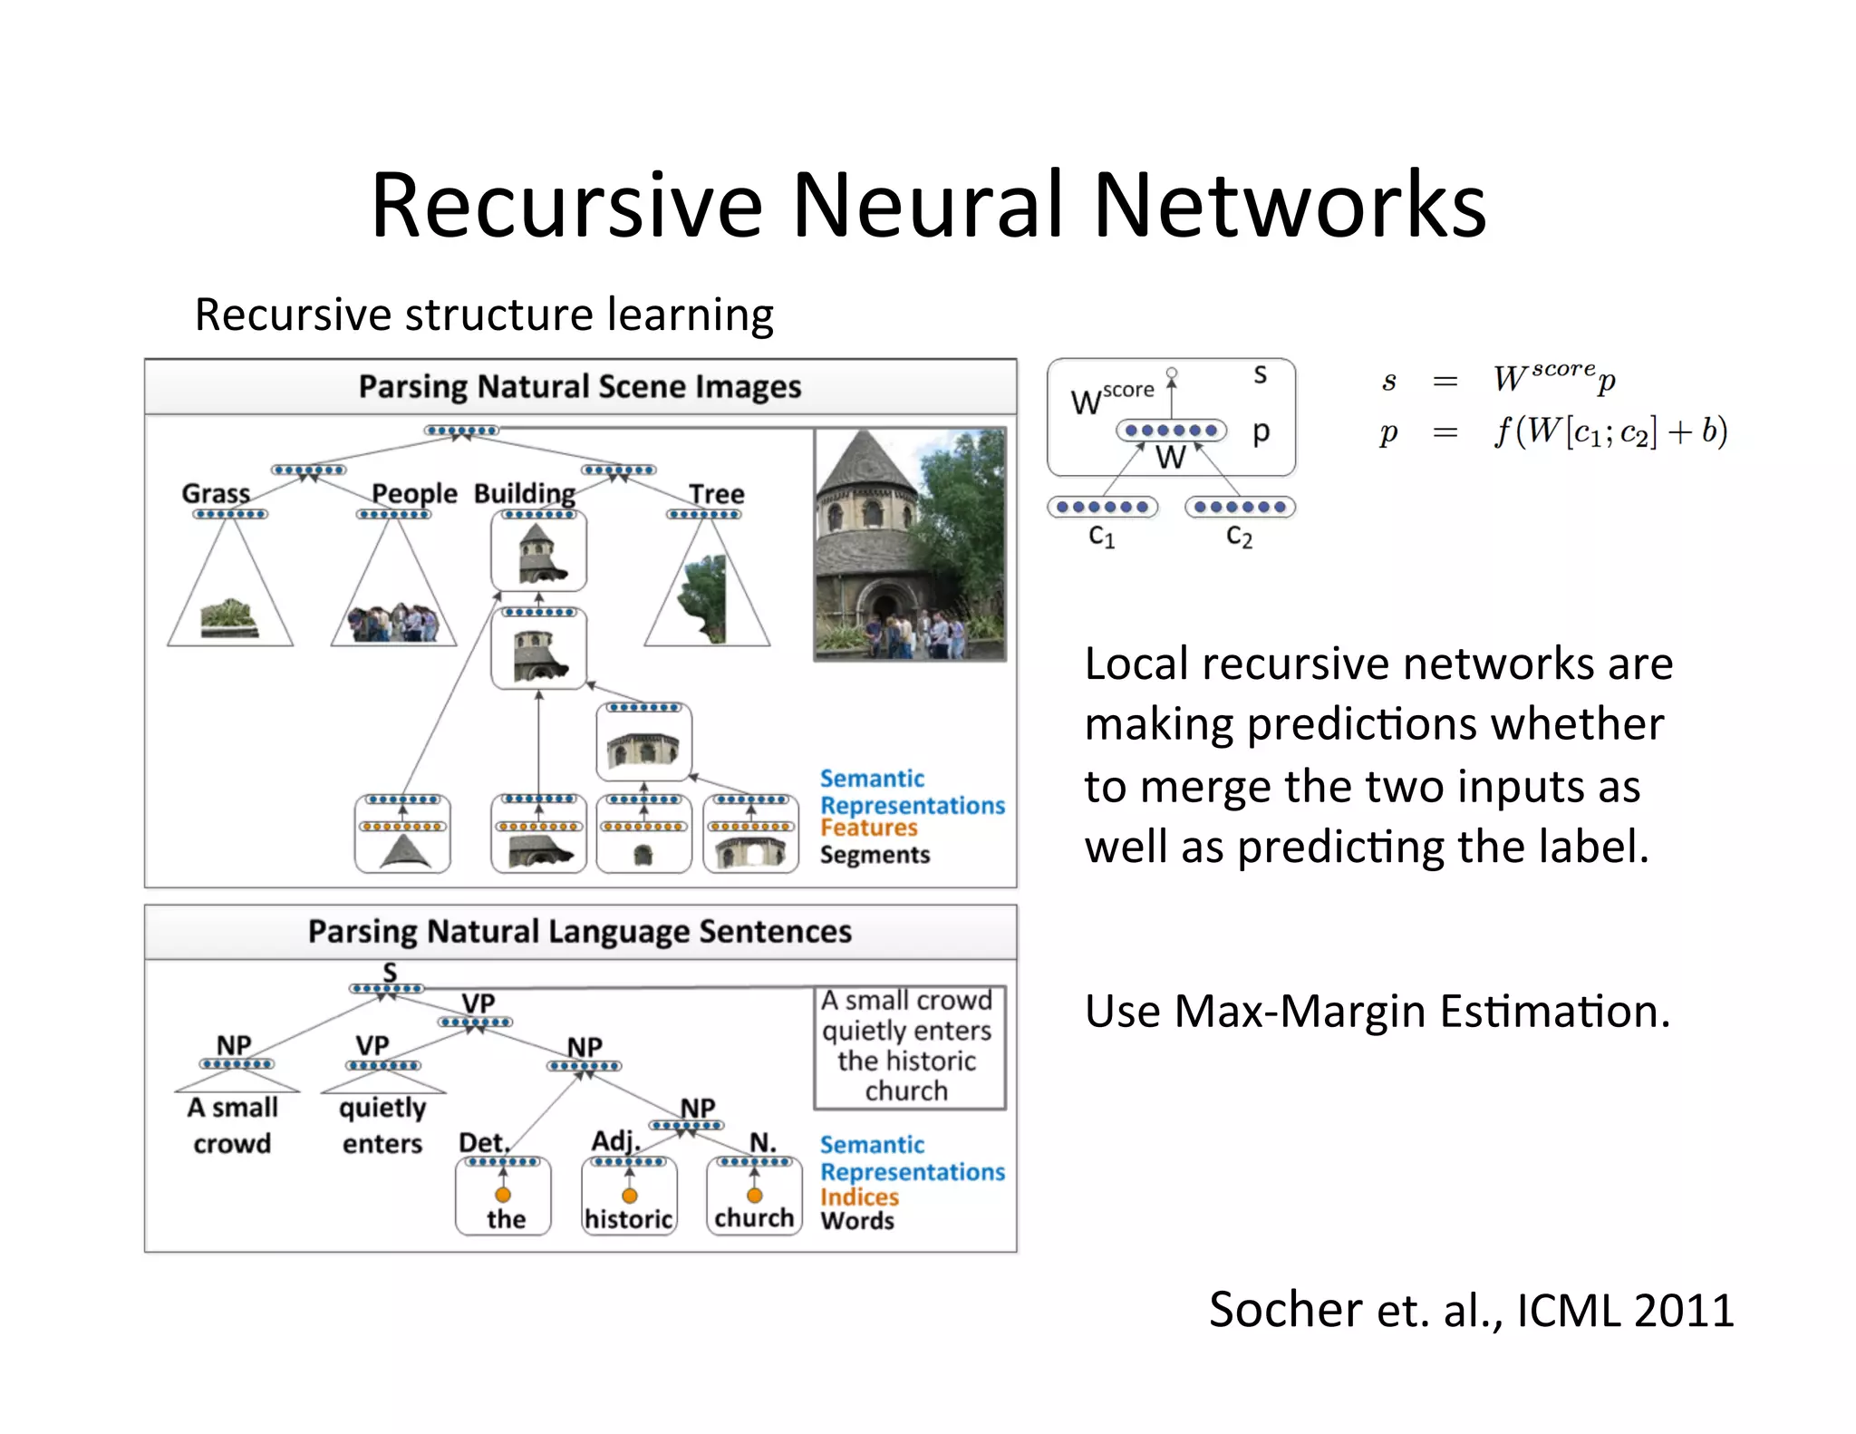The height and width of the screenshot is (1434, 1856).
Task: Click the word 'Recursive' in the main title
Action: pos(566,207)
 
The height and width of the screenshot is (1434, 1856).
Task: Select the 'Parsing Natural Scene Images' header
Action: pos(580,387)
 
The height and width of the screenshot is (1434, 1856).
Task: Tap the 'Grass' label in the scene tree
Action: pos(216,493)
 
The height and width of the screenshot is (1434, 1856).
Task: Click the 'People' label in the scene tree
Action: pos(414,493)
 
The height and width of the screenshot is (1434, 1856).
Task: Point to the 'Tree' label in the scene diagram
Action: pos(716,494)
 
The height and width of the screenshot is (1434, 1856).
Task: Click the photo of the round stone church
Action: pos(910,544)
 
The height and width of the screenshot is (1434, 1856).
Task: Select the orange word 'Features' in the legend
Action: pos(868,828)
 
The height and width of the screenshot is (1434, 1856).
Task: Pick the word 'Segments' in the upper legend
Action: pos(875,855)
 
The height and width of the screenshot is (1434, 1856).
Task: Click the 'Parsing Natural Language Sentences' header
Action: pos(580,932)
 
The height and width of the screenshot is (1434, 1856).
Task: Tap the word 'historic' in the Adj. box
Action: pos(629,1219)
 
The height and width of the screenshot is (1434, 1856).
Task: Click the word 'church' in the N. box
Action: pos(754,1217)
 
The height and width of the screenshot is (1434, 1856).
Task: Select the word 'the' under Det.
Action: pos(506,1219)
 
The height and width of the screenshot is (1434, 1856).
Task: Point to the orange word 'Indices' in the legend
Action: pos(859,1197)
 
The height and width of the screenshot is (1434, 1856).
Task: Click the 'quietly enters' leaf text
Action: pos(382,1125)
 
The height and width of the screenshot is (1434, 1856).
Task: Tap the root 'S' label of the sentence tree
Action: pos(390,972)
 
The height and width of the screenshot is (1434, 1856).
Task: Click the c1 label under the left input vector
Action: pos(1102,537)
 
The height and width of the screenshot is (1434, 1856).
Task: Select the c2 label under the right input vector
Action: pos(1239,537)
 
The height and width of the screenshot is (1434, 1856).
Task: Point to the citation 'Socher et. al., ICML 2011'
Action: pos(1471,1310)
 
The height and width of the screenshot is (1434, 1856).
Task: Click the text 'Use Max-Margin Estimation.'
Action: pos(1377,1012)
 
